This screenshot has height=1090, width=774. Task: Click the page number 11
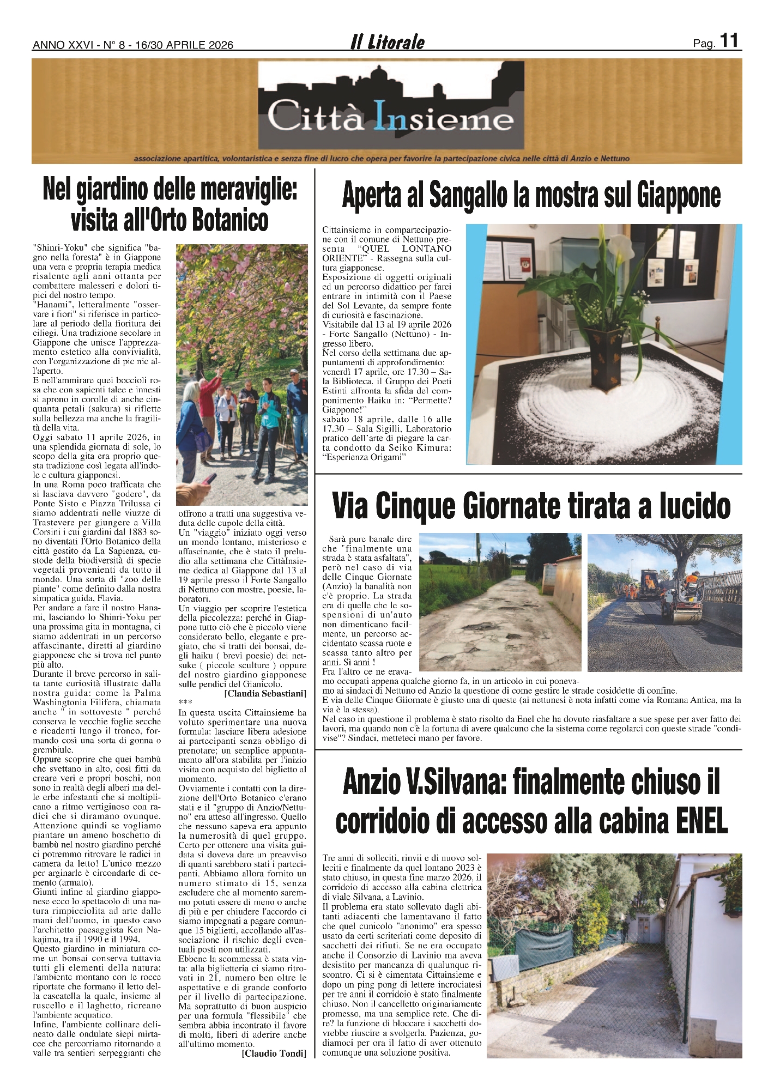coord(729,41)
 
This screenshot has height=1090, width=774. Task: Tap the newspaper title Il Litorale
coord(387,43)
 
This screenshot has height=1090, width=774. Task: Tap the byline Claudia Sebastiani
coord(265,694)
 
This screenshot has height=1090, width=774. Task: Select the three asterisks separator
coord(185,703)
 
